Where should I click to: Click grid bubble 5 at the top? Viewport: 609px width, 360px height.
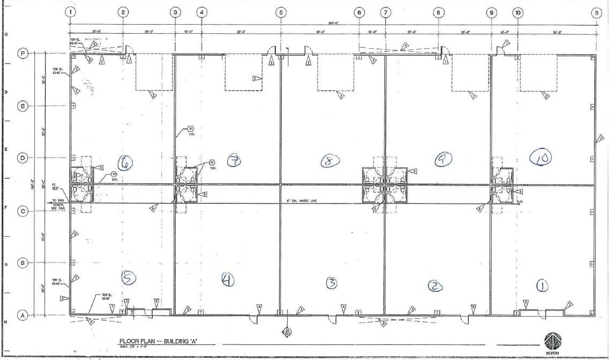pyautogui.click(x=281, y=12)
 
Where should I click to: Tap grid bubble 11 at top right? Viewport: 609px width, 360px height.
pyautogui.click(x=596, y=12)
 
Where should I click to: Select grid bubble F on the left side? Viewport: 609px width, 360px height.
pyautogui.click(x=23, y=54)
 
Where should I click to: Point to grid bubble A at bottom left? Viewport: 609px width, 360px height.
pyautogui.click(x=23, y=316)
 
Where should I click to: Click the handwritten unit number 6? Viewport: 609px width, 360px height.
pyautogui.click(x=127, y=162)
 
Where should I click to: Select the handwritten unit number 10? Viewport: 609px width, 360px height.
pyautogui.click(x=540, y=157)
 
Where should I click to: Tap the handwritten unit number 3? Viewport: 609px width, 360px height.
pyautogui.click(x=332, y=282)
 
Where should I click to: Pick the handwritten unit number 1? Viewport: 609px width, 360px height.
pyautogui.click(x=543, y=287)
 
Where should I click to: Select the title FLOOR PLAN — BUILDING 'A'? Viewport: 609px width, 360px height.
pyautogui.click(x=159, y=341)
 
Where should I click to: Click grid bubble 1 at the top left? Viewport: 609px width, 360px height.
pyautogui.click(x=71, y=12)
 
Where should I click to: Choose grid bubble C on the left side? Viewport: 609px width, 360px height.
pyautogui.click(x=23, y=211)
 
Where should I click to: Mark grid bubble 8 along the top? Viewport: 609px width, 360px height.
pyautogui.click(x=439, y=12)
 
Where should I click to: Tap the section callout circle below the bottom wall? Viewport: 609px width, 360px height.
pyautogui.click(x=287, y=332)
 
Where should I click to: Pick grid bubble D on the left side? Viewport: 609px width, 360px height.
pyautogui.click(x=23, y=158)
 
